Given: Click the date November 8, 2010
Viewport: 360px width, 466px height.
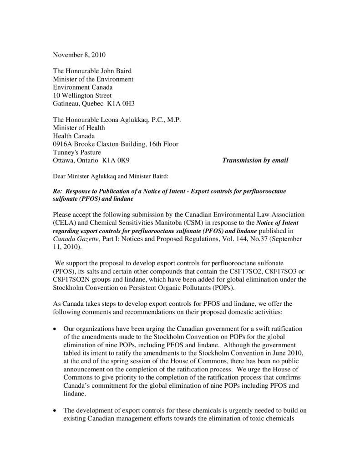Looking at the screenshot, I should pos(79,55).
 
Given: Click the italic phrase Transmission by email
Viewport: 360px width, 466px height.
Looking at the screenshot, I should pos(255,161).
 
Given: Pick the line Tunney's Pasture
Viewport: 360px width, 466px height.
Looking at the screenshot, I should pos(77,152).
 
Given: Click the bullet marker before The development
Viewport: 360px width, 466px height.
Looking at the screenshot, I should pos(55,411).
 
